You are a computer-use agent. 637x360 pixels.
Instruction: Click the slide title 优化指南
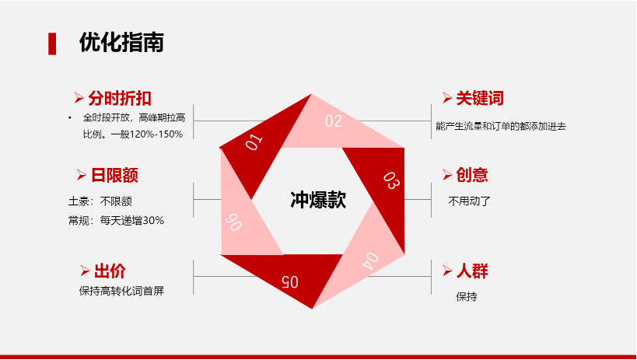[121, 42]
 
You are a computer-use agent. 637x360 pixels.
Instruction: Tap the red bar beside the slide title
[52, 44]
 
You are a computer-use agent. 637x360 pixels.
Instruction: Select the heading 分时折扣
[120, 98]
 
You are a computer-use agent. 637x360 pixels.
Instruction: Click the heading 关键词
[480, 98]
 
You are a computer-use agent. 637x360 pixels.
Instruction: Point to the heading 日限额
[114, 175]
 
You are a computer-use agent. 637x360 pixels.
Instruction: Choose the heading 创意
[472, 175]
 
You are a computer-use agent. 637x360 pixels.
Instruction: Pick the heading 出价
[110, 271]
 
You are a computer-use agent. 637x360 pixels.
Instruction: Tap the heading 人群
[472, 271]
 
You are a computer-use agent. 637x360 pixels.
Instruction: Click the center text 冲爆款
[318, 200]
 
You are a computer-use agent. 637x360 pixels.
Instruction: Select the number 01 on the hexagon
[254, 142]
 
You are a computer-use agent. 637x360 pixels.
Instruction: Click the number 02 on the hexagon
[334, 121]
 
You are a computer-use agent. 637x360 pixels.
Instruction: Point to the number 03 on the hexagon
[392, 181]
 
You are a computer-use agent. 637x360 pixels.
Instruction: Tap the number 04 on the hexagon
[370, 261]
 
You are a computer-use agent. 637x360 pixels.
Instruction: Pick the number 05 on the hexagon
[290, 281]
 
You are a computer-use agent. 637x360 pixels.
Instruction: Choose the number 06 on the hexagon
[233, 222]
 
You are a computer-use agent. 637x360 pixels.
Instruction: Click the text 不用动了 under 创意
[469, 201]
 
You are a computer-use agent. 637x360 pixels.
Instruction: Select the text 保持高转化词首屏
[121, 291]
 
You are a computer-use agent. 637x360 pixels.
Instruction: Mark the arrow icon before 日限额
[81, 175]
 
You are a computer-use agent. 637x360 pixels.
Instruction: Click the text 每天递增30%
[132, 221]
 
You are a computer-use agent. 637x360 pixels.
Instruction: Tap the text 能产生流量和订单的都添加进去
[501, 127]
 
